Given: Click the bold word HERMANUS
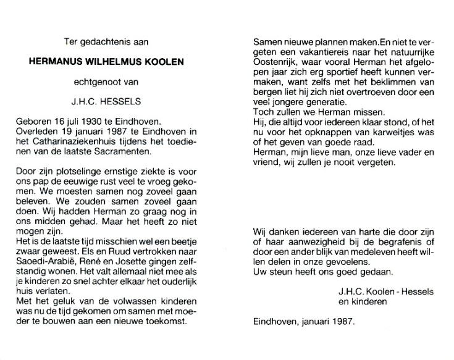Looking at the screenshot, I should coord(57,62).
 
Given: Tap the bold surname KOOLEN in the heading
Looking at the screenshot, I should coord(162,62).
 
